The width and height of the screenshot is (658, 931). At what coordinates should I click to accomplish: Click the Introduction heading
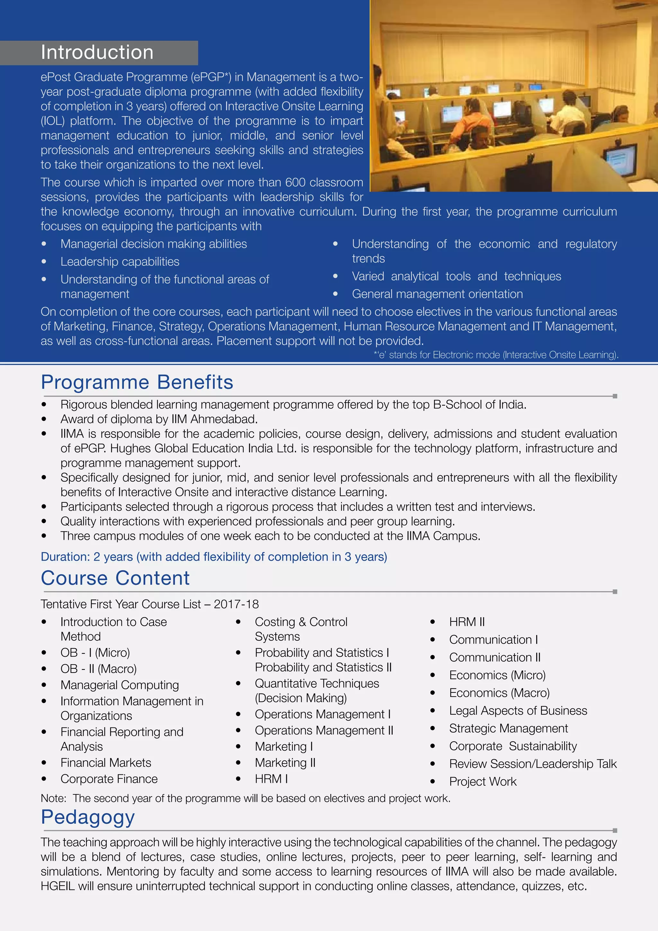pos(97,52)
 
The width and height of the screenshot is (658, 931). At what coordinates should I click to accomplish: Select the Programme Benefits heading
pos(137,382)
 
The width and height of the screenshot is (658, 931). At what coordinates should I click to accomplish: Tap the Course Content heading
pos(115,578)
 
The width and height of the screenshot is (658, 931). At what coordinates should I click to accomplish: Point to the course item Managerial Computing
pos(120,685)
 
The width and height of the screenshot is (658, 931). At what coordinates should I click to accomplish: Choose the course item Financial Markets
pos(106,763)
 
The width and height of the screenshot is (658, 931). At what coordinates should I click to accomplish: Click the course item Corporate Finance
pos(109,779)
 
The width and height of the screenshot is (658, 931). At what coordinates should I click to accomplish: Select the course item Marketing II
pos(285,763)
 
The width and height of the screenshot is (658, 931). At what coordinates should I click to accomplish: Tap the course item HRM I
pos(271,779)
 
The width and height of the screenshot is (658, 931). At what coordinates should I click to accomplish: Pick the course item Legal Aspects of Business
pos(518,711)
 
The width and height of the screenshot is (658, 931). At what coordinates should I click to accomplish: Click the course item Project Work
pos(483,782)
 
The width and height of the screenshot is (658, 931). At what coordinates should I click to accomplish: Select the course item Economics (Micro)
pos(497,675)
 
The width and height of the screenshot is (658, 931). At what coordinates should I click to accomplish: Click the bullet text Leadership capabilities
pos(120,262)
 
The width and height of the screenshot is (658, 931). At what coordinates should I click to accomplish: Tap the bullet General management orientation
pos(437,294)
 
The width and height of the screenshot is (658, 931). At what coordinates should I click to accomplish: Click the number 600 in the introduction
pos(295,183)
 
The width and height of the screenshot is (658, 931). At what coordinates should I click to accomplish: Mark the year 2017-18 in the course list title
pos(236,604)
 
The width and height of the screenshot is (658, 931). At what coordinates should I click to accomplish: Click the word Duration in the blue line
pos(65,557)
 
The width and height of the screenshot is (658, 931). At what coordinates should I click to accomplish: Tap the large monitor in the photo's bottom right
pos(620,160)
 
